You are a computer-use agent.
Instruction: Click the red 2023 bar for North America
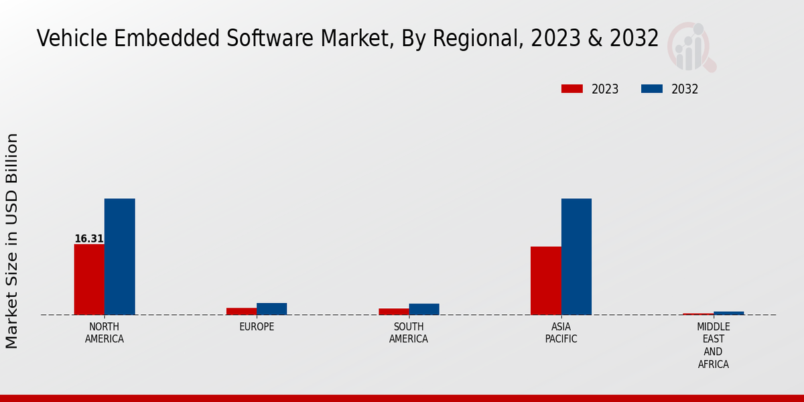coord(89,279)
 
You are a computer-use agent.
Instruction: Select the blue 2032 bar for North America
coord(119,257)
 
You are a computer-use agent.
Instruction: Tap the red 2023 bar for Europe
coord(241,311)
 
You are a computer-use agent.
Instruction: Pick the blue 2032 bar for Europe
coord(271,309)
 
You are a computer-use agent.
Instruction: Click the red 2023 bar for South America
coord(393,312)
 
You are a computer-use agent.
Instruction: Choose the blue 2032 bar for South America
coord(424,309)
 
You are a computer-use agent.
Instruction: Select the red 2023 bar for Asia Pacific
coord(545,281)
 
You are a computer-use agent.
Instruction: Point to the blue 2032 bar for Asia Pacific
coord(576,257)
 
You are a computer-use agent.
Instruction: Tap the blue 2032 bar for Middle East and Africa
coord(728,313)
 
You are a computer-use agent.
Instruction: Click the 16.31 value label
coord(88,239)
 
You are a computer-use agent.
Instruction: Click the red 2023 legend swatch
coord(572,89)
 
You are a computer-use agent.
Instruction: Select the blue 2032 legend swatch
coord(652,89)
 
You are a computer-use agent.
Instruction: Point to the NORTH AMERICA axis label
coord(105,333)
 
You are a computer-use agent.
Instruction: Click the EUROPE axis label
coord(257,327)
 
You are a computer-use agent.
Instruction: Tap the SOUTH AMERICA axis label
coord(409,333)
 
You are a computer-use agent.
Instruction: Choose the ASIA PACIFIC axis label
coord(561,333)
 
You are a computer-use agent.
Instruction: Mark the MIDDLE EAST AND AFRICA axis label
coord(713,346)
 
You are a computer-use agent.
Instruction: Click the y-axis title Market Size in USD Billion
coord(12,241)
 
